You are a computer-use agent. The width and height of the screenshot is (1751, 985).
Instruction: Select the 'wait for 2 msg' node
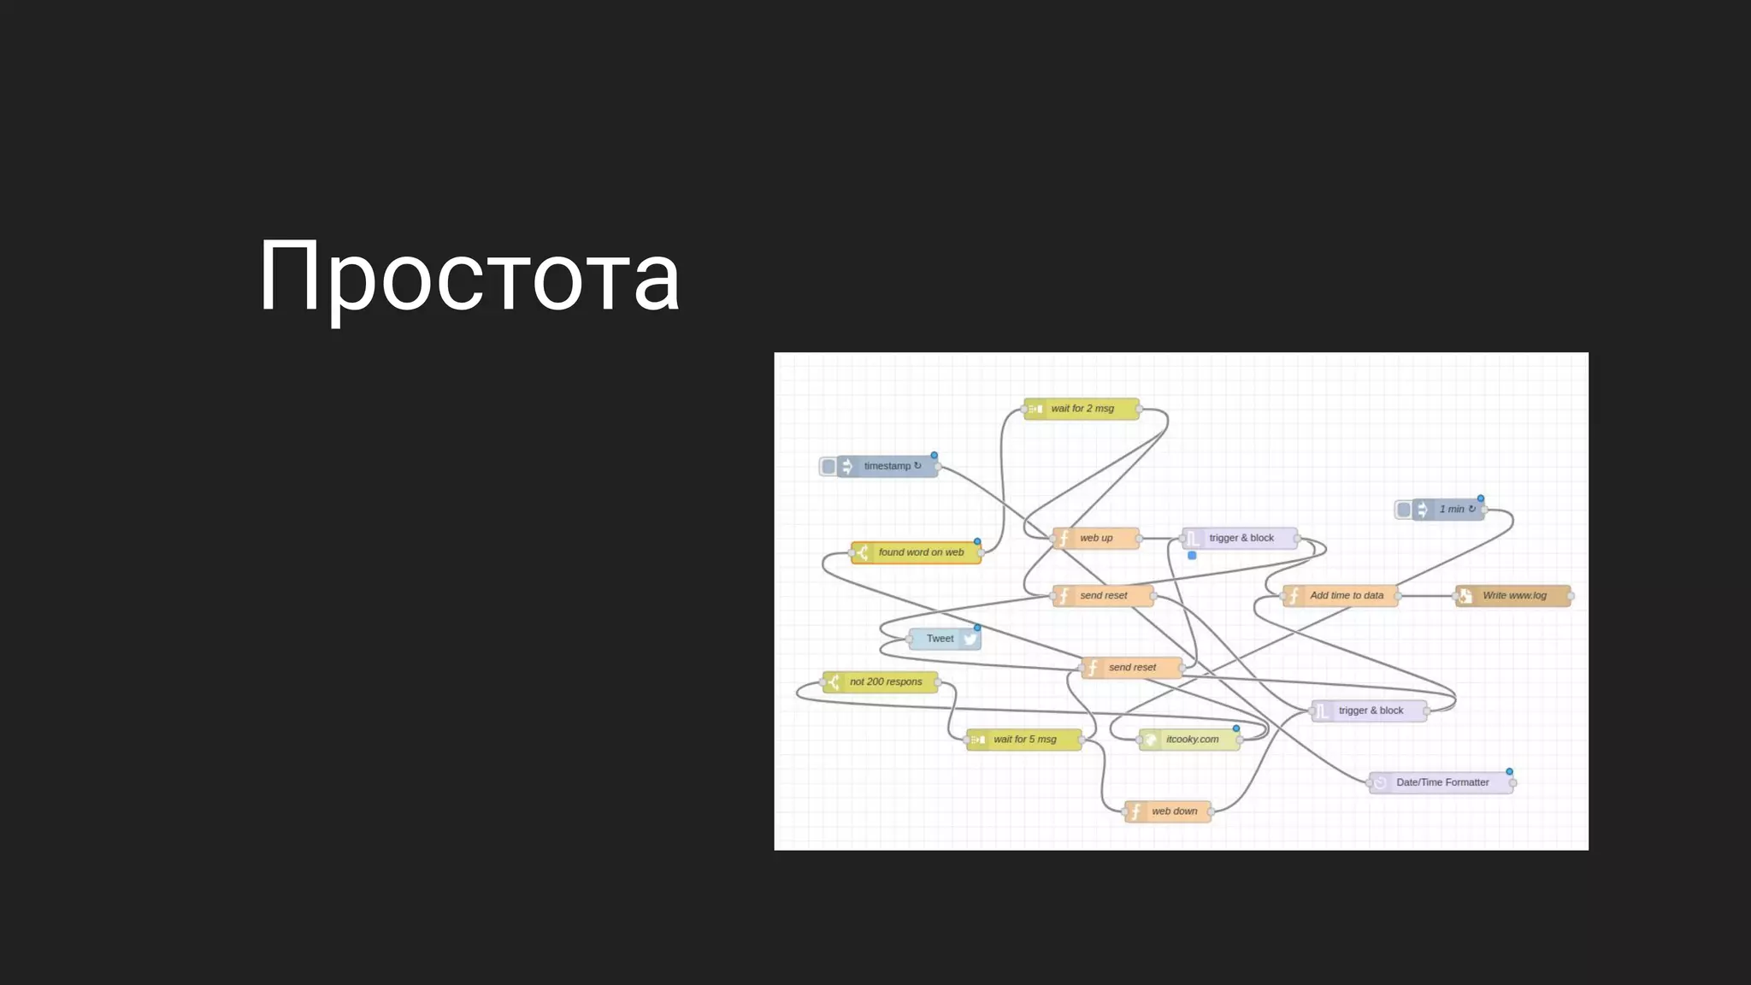coord(1082,409)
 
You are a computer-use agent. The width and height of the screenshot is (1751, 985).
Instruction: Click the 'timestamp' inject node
coord(889,466)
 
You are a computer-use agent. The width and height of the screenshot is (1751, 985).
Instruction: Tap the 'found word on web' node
coord(919,552)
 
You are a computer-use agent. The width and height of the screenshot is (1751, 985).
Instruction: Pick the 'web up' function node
coord(1096,538)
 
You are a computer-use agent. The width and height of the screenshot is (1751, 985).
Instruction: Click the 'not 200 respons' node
coord(884,681)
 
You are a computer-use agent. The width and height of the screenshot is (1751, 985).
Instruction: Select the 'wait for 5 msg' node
coord(1024,739)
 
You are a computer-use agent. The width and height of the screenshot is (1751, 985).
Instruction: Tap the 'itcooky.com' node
coord(1191,739)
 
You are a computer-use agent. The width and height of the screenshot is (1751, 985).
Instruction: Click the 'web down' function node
coord(1172,811)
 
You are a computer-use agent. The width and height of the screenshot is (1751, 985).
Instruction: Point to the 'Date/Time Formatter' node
coord(1441,782)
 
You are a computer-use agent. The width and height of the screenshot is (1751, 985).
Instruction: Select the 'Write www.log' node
coord(1514,595)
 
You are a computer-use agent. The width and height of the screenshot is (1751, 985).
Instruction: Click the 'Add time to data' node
coord(1345,595)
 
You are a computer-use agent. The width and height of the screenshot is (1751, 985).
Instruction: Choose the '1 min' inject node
coord(1450,510)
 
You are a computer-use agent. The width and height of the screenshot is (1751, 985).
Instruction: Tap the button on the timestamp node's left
coord(828,466)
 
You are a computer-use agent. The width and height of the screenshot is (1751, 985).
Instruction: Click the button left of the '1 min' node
coord(1403,510)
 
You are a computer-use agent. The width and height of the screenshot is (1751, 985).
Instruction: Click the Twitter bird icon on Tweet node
coord(970,639)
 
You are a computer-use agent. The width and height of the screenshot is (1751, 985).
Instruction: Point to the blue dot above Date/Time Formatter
coord(1509,771)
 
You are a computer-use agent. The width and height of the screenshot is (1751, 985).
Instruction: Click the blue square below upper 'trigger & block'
coord(1192,556)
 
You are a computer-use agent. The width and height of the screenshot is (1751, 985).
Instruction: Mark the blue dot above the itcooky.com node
coord(1235,728)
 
